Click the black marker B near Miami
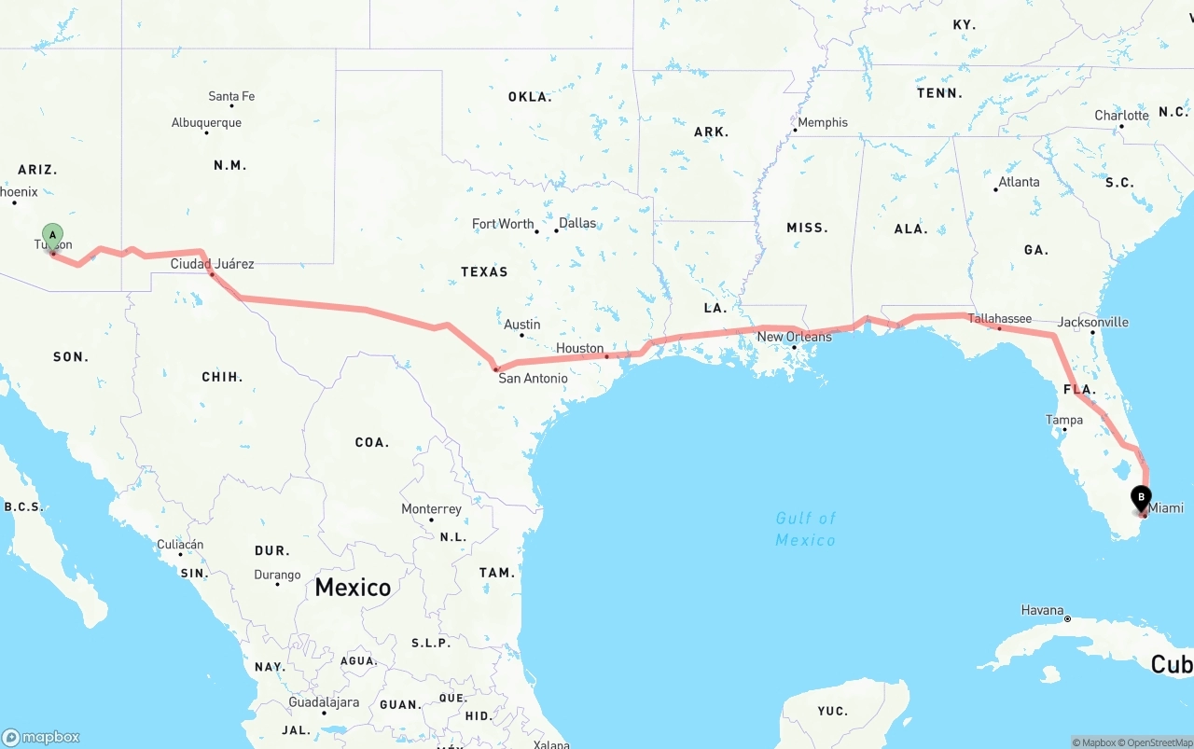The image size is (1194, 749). [1141, 498]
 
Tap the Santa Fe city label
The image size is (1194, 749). [231, 96]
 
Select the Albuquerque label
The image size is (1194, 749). [206, 122]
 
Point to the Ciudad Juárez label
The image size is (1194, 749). [212, 264]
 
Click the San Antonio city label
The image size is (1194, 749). [533, 378]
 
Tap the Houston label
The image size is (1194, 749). [579, 348]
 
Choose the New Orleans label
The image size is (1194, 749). [794, 337]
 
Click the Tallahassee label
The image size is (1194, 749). [999, 319]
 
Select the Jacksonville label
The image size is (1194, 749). [1092, 323]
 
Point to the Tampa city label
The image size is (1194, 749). [1064, 420]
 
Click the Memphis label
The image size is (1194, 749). [822, 122]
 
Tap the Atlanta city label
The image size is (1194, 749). [1019, 182]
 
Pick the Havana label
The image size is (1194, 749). [1042, 610]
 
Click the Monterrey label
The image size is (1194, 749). [431, 509]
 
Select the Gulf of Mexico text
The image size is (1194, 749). [805, 529]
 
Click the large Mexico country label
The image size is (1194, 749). [353, 587]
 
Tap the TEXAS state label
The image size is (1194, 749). [484, 271]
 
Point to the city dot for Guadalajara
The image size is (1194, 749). [324, 713]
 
